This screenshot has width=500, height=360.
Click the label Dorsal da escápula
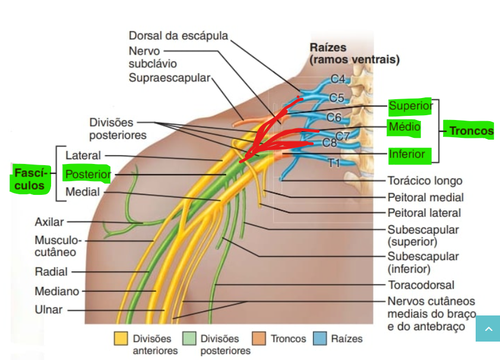tap(178, 36)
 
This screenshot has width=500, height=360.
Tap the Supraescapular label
tap(169, 78)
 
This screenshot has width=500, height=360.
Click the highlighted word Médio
tap(404, 127)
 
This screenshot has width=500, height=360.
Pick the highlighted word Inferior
tap(407, 154)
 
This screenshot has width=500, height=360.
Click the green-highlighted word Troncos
tap(471, 131)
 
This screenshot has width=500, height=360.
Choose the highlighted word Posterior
tap(87, 175)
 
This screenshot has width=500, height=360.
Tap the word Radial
tap(51, 271)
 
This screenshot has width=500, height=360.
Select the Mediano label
tap(56, 292)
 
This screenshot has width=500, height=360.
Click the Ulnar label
tap(48, 310)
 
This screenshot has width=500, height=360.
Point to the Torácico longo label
tap(424, 181)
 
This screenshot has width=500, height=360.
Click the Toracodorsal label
tap(420, 285)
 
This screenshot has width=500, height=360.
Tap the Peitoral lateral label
tap(424, 212)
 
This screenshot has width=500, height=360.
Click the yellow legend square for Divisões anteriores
tap(121, 339)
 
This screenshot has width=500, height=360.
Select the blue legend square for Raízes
tap(320, 339)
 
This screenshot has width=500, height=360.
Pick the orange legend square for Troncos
tap(260, 339)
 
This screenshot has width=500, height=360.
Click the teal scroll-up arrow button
tap(488, 329)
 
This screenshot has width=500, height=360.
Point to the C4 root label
tap(337, 78)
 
